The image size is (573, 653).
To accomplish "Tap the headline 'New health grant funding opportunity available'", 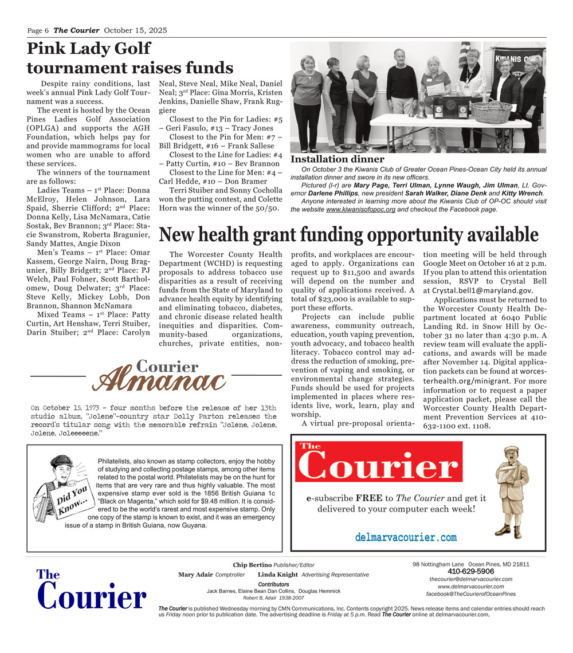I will coord(348,235).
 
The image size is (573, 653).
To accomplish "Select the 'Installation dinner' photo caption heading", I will coord(337,159).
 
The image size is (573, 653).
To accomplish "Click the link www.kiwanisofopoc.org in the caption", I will coord(360,210).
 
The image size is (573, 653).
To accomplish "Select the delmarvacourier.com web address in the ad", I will coord(406,537).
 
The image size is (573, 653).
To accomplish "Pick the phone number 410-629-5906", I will coord(470,572).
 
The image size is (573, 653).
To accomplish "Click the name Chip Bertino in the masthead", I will coord(252,565).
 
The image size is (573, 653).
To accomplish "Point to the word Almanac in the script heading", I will coord(159,380).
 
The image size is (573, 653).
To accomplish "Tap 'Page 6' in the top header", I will coord(38,30).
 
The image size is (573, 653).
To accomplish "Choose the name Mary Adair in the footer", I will coord(195,575).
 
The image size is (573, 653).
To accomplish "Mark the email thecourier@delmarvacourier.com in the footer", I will coord(470,579).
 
